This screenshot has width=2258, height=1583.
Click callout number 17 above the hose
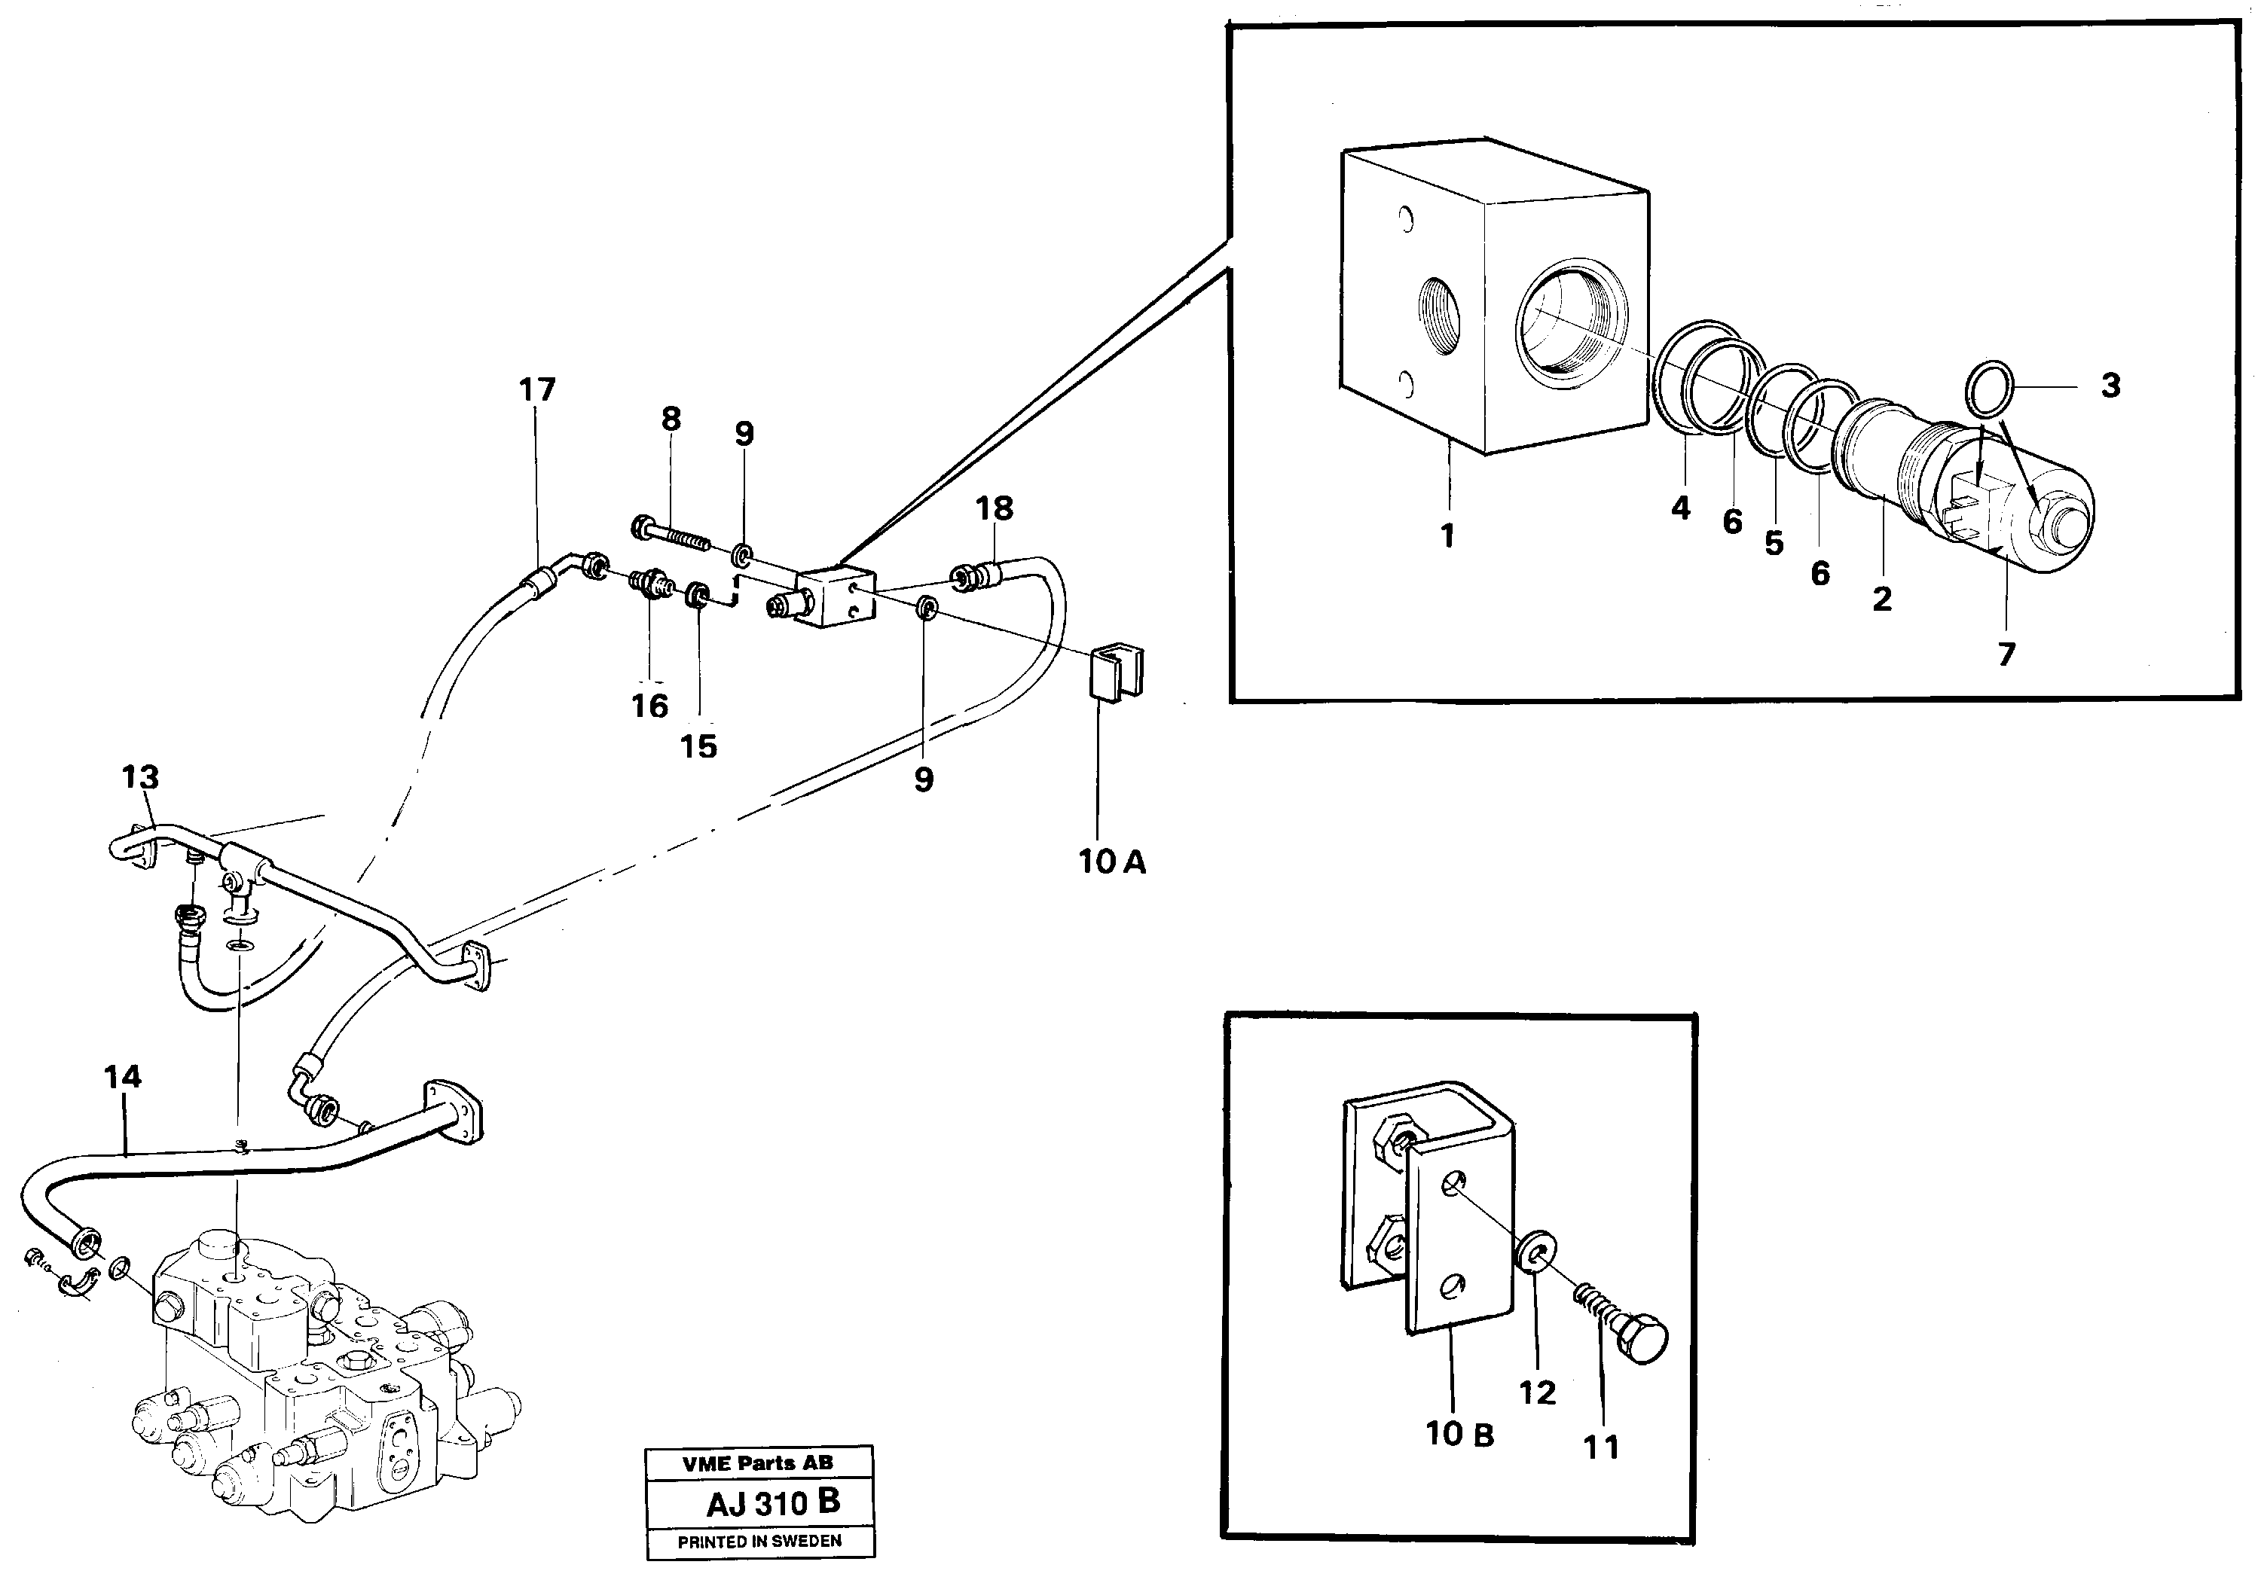[537, 390]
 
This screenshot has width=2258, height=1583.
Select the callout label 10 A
[1112, 862]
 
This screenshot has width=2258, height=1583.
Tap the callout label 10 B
[1459, 1435]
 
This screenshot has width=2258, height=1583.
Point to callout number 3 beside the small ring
[2110, 386]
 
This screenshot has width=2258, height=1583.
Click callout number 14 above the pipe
[123, 1077]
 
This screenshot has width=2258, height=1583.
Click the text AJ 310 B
[773, 1503]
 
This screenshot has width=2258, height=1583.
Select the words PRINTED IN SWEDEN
[759, 1542]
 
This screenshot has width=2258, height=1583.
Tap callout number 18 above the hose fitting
[995, 508]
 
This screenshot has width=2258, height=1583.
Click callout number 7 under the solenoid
[2006, 654]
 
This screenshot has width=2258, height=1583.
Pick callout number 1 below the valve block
[1447, 536]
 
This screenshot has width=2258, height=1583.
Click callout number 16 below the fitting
[649, 705]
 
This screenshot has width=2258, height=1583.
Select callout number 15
[698, 746]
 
